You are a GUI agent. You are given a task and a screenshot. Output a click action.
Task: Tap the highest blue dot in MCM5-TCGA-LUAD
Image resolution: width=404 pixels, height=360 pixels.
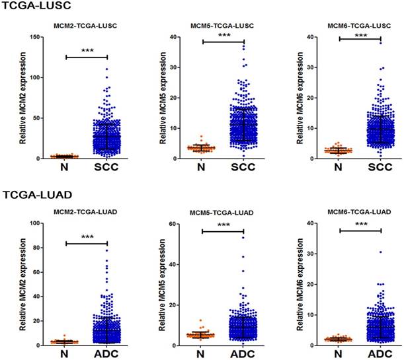pyautogui.click(x=243, y=237)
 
